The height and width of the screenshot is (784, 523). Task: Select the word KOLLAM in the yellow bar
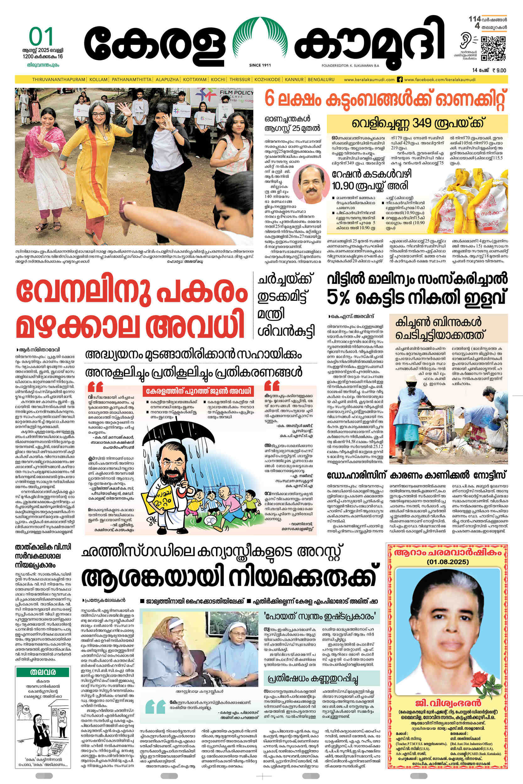[x=98, y=80]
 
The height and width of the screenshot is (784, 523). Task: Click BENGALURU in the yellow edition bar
[x=321, y=80]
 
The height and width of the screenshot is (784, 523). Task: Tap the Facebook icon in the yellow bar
[x=400, y=80]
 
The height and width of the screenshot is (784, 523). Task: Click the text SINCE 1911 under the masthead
[x=260, y=65]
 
